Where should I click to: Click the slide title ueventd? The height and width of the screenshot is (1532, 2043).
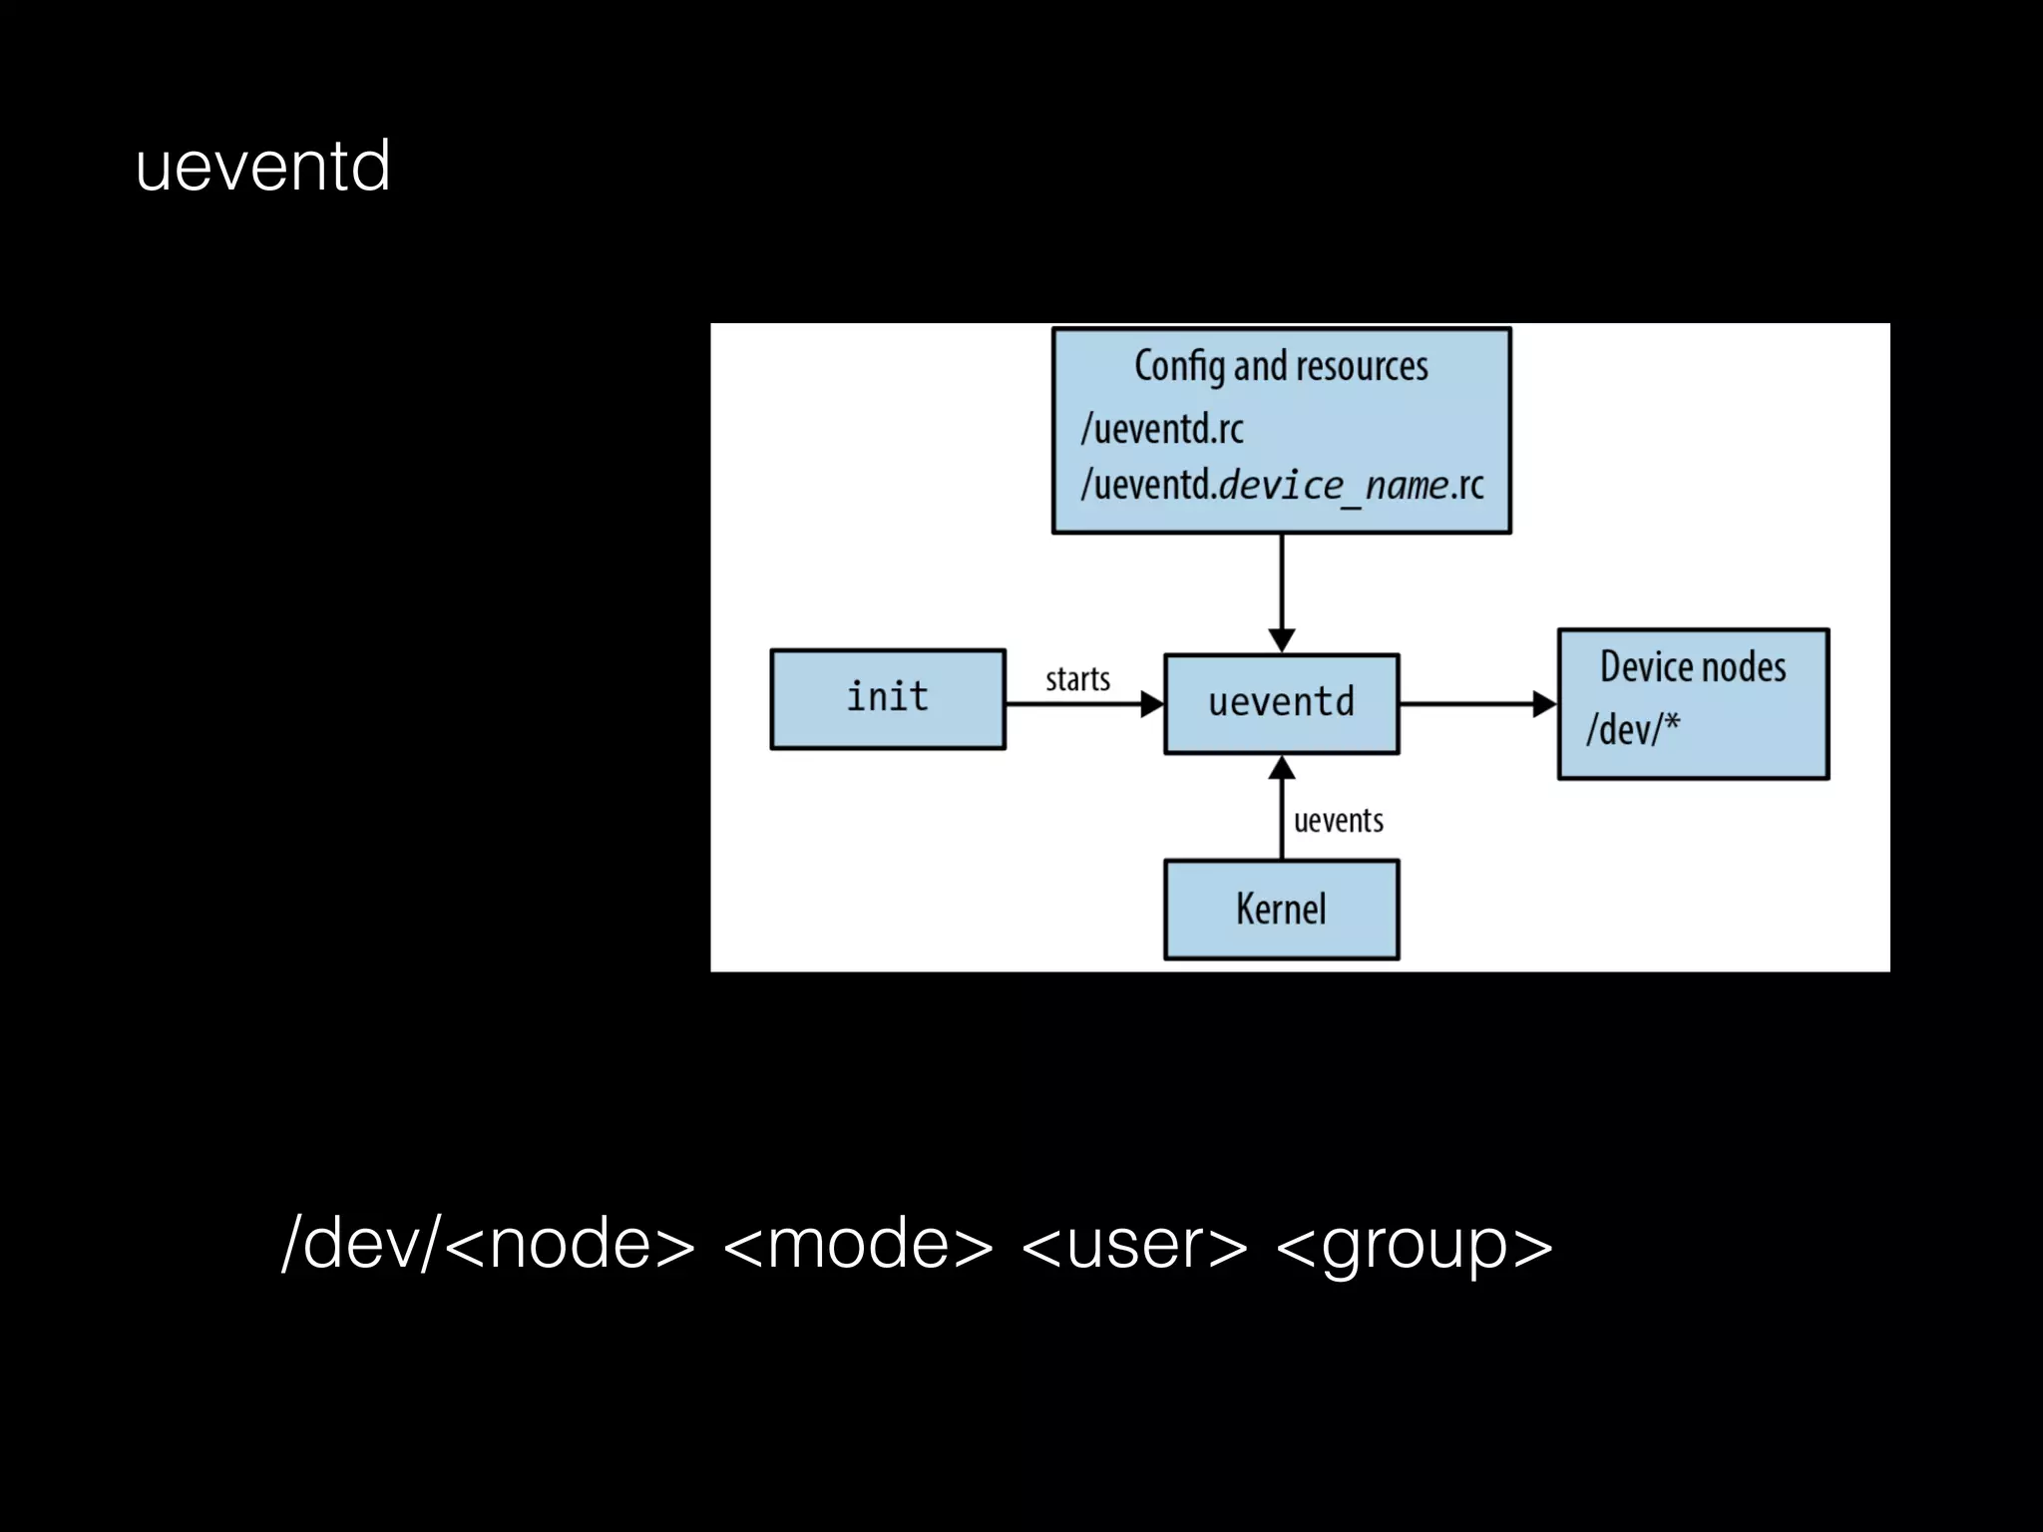tap(262, 166)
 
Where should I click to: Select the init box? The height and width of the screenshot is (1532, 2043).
tap(887, 698)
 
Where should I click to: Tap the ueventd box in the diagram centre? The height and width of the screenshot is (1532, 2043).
tap(1281, 703)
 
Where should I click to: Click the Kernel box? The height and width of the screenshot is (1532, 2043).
tap(1281, 910)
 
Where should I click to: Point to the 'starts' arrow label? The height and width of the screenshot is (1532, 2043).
tap(1077, 679)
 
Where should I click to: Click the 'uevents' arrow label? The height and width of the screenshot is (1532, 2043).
tap(1338, 821)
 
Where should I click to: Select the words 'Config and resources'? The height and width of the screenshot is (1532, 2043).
tap(1281, 366)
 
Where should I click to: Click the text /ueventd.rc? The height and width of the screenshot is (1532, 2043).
tap(1162, 429)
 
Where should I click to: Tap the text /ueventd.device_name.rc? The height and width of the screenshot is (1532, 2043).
tap(1282, 486)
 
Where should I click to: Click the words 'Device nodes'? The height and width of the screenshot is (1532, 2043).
tap(1693, 667)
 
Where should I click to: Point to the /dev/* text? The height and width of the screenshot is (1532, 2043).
tap(1633, 729)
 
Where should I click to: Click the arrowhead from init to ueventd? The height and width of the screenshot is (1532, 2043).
tap(1151, 704)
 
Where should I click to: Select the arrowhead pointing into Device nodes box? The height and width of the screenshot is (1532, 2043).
tap(1544, 704)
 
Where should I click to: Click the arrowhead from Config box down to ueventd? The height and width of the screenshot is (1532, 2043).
tap(1282, 639)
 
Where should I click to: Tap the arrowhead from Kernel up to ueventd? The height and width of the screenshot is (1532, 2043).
tap(1282, 768)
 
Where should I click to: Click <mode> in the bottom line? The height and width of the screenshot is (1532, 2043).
tap(858, 1244)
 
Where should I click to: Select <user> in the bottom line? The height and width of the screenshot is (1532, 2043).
tap(1134, 1244)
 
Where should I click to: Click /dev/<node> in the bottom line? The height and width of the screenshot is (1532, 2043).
tap(488, 1244)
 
